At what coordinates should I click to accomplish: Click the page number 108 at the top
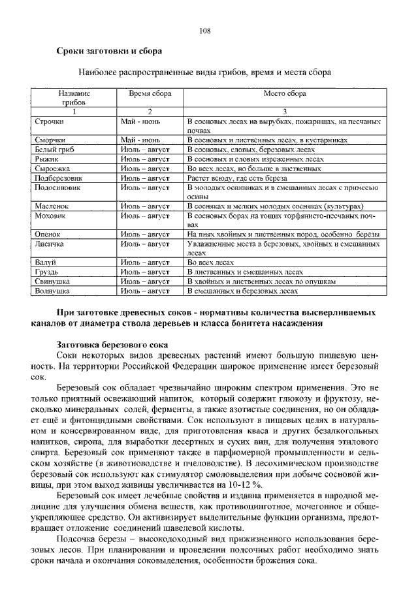pos(205,30)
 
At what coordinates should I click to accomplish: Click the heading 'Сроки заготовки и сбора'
pos(108,50)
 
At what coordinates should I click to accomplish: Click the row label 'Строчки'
pos(49,121)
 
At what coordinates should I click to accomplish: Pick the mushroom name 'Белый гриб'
pos(54,149)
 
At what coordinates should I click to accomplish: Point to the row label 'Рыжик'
pos(46,158)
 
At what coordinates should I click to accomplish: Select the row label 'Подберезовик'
pos(58,177)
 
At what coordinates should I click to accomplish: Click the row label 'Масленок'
pos(52,206)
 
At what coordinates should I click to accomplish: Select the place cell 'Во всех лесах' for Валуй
pos(211,263)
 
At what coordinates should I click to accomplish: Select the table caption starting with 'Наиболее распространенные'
pos(205,71)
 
